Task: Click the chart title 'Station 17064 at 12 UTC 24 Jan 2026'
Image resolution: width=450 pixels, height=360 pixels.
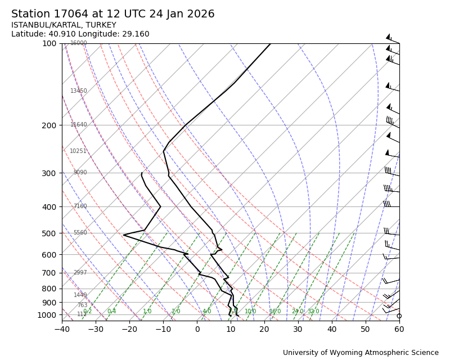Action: coord(112,14)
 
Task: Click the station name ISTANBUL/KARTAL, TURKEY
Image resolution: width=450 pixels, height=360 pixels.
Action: coord(64,25)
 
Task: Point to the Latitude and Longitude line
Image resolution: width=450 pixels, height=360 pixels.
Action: coord(80,34)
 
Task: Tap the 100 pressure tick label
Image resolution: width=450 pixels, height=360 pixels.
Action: coord(49,43)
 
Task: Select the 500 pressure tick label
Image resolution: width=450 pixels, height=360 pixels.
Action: coord(49,233)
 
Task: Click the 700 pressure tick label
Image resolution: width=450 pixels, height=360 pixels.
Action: coord(49,273)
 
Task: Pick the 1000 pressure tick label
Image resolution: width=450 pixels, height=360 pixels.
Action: coord(47,316)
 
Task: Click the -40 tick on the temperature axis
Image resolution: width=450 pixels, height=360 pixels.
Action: coord(62,329)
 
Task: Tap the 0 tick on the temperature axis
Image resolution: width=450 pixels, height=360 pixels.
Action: coord(197,329)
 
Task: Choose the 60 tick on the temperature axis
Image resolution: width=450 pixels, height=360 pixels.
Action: coord(399,329)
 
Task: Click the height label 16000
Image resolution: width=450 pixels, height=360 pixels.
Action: coord(79,43)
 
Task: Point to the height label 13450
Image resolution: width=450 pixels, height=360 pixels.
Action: coord(79,91)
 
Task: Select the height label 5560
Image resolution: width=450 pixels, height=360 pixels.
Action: coord(80,233)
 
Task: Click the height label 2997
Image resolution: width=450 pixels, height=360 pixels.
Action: coord(80,273)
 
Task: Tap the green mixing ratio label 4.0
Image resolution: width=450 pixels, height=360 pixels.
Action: coord(206,312)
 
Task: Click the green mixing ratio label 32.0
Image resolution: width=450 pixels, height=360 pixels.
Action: coord(313,312)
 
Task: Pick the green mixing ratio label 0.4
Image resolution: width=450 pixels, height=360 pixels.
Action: coord(111,312)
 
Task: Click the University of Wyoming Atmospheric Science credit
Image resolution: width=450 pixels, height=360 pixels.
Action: coord(361,353)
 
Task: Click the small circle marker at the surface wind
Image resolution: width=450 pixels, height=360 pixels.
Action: coord(399,316)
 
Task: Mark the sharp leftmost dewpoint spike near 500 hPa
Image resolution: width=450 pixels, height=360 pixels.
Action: coord(124,235)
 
